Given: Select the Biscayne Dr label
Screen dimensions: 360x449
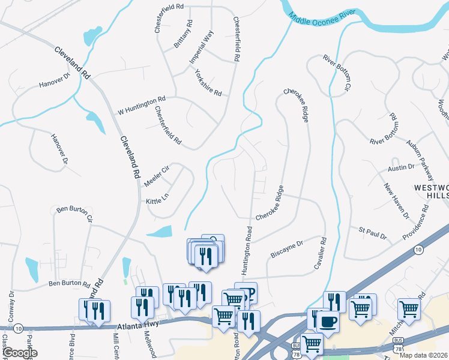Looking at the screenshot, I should pyautogui.click(x=288, y=248).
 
